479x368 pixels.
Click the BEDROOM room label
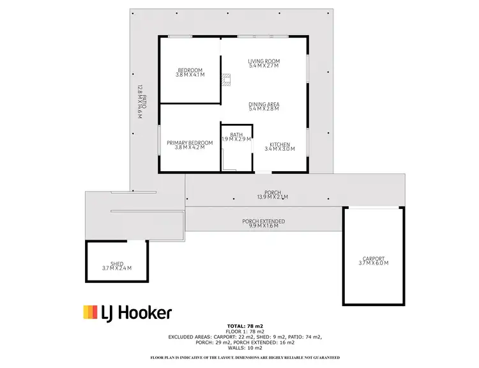tap(190, 70)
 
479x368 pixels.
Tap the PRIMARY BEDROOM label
tap(190, 142)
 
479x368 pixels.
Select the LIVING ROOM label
tap(264, 61)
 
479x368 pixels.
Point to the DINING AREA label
tap(264, 104)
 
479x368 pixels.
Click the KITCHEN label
tap(280, 144)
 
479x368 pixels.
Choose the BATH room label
tap(236, 134)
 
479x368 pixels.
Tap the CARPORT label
tap(374, 259)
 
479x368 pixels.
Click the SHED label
tap(117, 263)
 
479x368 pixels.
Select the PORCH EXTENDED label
tap(263, 222)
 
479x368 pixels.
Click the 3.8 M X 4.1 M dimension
tap(190, 75)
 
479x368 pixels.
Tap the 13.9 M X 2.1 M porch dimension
tap(273, 197)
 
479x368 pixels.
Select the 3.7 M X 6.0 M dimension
tap(374, 263)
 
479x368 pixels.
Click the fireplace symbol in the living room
tap(224, 80)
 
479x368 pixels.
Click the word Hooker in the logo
tap(146, 312)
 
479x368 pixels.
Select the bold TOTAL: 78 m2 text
tap(245, 326)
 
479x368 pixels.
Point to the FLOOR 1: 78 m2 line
tap(245, 331)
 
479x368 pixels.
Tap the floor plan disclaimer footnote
tap(245, 356)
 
